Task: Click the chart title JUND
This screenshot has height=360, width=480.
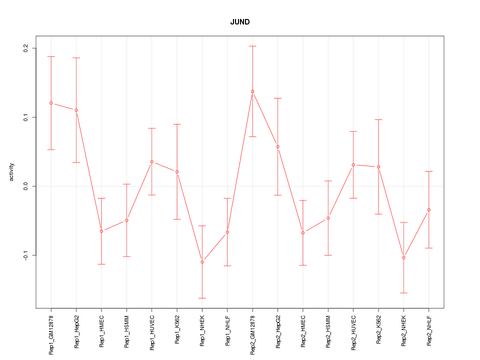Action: (240, 22)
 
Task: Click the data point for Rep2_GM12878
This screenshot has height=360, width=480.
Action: (252, 91)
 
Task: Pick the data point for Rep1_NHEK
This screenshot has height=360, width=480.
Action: (202, 262)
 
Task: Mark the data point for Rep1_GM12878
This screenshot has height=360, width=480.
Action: (51, 103)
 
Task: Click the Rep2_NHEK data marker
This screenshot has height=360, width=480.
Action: (403, 257)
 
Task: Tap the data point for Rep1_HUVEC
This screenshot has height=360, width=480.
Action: (151, 161)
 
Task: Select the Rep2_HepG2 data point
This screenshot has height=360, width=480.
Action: (277, 146)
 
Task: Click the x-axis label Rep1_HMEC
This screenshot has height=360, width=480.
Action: (101, 331)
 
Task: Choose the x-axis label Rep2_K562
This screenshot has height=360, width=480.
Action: (378, 331)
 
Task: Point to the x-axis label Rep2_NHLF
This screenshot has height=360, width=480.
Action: (429, 331)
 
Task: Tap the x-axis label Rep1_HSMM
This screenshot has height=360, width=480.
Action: (126, 331)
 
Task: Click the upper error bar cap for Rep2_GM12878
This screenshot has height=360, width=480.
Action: (252, 46)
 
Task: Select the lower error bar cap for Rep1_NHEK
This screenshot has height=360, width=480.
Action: (202, 298)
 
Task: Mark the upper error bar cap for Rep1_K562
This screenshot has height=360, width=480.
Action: (177, 124)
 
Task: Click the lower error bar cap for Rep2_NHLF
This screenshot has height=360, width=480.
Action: (429, 248)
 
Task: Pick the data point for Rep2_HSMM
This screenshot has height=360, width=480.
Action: (328, 218)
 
